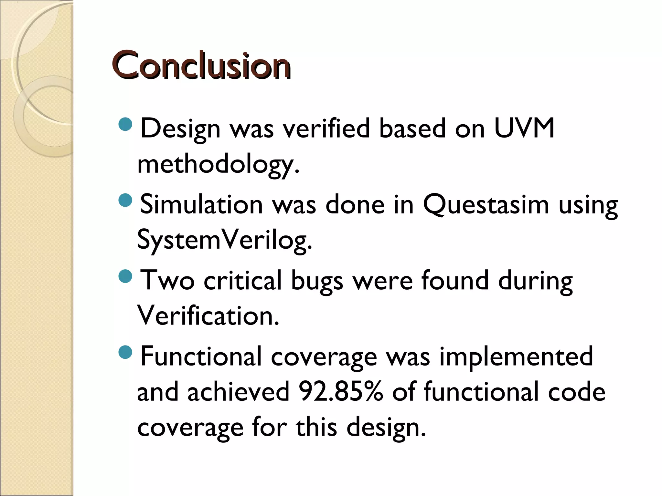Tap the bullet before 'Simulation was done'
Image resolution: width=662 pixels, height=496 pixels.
pos(125,200)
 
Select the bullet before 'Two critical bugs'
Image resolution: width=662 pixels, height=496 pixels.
pos(125,276)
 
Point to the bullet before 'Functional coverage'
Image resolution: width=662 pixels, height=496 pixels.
pos(125,352)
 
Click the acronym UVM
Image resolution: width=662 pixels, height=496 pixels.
pos(524,128)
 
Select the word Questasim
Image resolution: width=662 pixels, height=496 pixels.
pos(486,205)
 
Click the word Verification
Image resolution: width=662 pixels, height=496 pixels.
pos(208,315)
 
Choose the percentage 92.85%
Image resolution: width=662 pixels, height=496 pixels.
pos(341,391)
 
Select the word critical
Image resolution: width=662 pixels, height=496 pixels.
pos(243,280)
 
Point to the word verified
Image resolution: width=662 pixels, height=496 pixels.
pos(326,128)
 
